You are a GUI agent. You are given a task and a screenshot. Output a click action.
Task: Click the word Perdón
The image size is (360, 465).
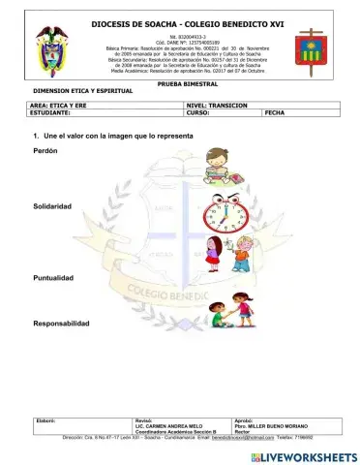click(45, 152)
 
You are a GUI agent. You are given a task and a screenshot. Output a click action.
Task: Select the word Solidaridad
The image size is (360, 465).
click(52, 207)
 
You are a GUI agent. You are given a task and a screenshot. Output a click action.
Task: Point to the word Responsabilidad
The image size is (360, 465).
click(61, 323)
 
